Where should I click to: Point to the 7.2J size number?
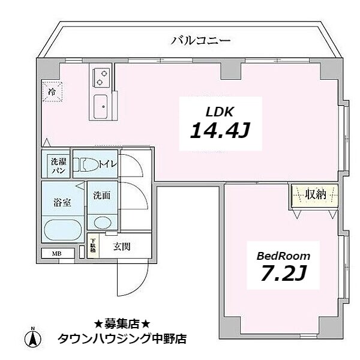pyautogui.click(x=283, y=274)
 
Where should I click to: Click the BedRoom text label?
pyautogui.click(x=283, y=256)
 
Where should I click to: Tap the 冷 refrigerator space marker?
pyautogui.click(x=52, y=93)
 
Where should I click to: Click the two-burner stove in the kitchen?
pyautogui.click(x=101, y=77)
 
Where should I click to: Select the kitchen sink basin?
pyautogui.click(x=101, y=108)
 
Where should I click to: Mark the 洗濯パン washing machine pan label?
pyautogui.click(x=58, y=166)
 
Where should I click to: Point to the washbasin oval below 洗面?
pyautogui.click(x=101, y=223)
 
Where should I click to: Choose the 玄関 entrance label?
pyautogui.click(x=122, y=246)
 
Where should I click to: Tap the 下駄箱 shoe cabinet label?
pyautogui.click(x=92, y=247)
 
